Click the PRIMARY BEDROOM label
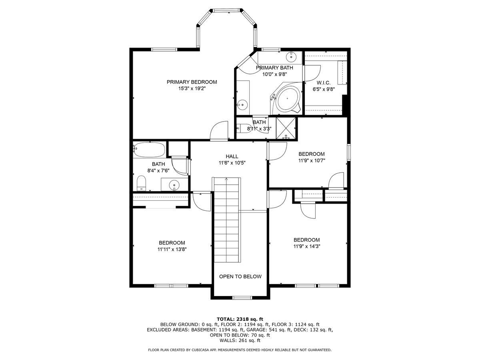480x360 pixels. (x=192, y=82)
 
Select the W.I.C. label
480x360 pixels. (x=323, y=83)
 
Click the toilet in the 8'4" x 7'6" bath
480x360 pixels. (x=142, y=184)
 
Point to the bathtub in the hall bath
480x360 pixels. (x=150, y=150)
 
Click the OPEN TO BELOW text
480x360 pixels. (x=240, y=276)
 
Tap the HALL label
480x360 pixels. (x=232, y=156)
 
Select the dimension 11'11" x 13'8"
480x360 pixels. (x=172, y=249)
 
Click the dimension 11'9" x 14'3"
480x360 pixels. (x=306, y=246)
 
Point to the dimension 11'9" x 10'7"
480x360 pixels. (x=312, y=160)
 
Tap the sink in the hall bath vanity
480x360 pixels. (x=174, y=185)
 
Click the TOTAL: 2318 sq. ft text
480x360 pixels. (x=240, y=319)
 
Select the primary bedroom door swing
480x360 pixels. (x=219, y=130)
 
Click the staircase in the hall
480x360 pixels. (x=226, y=220)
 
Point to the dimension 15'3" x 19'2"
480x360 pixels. (x=192, y=88)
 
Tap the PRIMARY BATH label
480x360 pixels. (x=274, y=68)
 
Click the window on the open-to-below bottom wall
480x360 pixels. (x=242, y=298)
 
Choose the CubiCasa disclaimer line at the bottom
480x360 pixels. (x=240, y=350)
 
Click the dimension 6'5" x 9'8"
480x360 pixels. (x=323, y=90)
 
